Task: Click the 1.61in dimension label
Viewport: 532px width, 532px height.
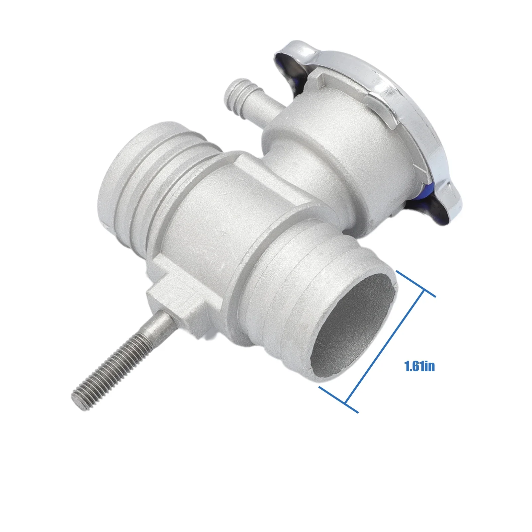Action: coord(419,366)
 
